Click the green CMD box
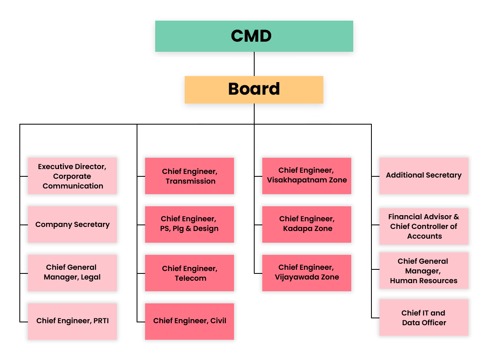pos(254,36)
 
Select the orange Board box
pos(254,89)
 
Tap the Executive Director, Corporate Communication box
pos(72,176)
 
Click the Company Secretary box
pos(72,224)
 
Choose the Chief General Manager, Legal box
pos(72,273)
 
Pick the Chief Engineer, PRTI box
pos(72,321)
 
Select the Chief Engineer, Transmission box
pos(190,176)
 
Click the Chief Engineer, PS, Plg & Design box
pos(190,224)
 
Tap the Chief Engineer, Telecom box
pos(190,273)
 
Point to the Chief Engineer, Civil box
pos(190,321)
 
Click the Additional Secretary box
pos(424,176)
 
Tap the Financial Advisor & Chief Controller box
pos(424,227)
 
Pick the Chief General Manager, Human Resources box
pos(424,271)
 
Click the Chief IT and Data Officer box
pos(424,318)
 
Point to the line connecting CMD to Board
pos(254,64)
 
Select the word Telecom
pos(190,278)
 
